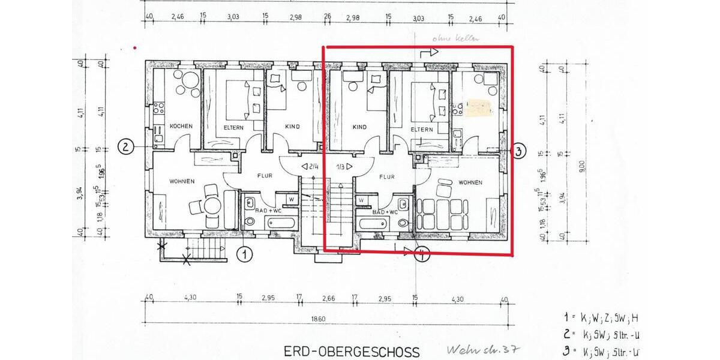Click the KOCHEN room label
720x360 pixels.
point(181,127)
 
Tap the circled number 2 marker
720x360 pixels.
point(125,147)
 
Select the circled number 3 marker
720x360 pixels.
point(519,151)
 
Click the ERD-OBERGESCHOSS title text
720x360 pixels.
point(352,351)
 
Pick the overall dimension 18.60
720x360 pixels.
point(318,319)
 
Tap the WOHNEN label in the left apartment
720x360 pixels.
point(181,181)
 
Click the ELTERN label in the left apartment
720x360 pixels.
point(233,127)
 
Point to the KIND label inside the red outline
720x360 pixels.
point(359,127)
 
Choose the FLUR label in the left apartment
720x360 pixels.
point(266,176)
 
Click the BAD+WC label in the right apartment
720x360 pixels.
point(385,212)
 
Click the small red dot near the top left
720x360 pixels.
point(134,47)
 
